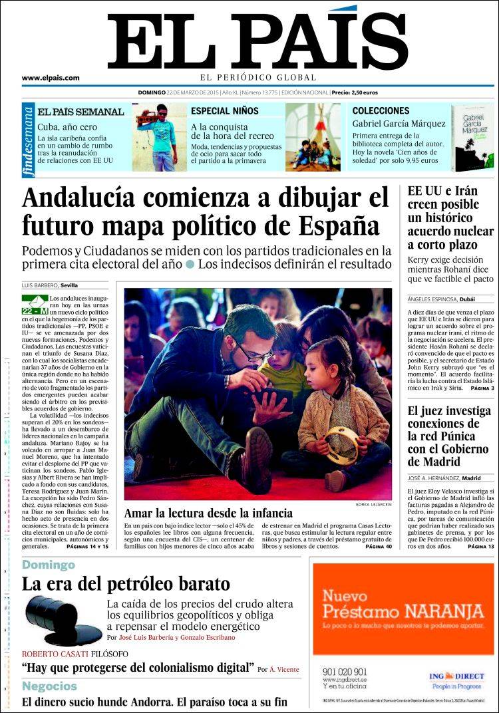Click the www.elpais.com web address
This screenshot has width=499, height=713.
pyautogui.click(x=51, y=78)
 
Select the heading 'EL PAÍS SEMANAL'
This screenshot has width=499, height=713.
pyautogui.click(x=81, y=112)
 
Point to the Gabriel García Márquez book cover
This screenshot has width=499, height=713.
pyautogui.click(x=472, y=138)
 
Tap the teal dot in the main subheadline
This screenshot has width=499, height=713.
pyautogui.click(x=190, y=264)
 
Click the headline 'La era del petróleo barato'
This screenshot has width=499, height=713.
pyautogui.click(x=126, y=585)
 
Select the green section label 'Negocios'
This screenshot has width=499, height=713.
pyautogui.click(x=49, y=686)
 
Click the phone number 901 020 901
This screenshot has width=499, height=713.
pyautogui.click(x=344, y=672)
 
